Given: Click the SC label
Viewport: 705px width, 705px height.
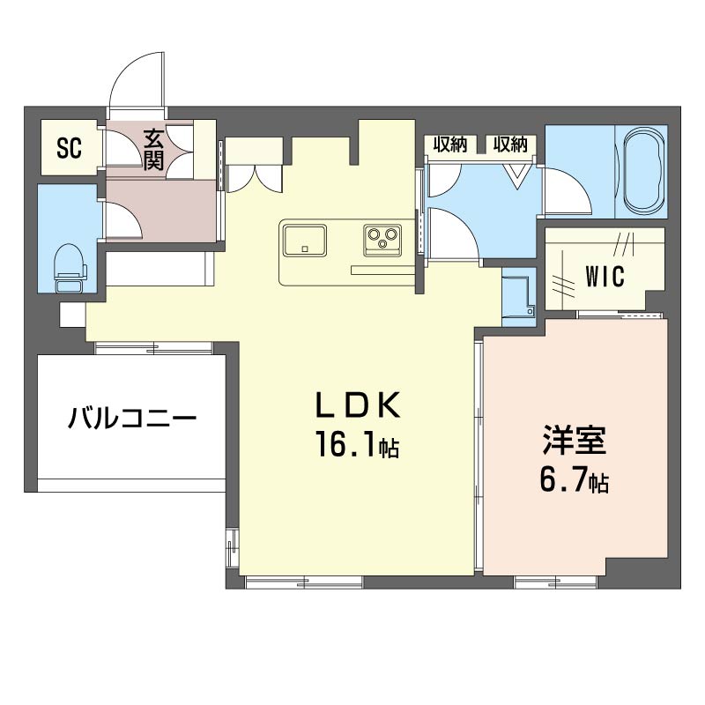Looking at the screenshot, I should [x=70, y=147].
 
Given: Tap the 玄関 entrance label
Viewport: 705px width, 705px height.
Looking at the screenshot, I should [x=155, y=147].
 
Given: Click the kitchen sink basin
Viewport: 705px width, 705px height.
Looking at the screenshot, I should [x=304, y=238].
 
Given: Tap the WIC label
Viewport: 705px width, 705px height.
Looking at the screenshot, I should [x=605, y=275].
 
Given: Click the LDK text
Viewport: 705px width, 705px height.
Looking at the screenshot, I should [x=360, y=405].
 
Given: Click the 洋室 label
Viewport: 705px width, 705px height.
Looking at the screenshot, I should [x=574, y=441].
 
